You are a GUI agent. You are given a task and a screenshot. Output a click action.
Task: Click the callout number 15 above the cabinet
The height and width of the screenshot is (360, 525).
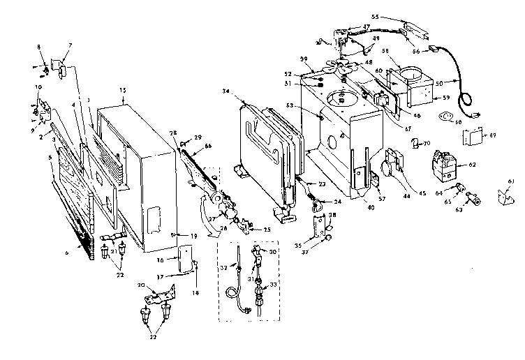tap(123, 91)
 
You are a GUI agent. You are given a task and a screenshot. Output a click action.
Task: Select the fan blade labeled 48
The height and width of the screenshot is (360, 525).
tap(343, 69)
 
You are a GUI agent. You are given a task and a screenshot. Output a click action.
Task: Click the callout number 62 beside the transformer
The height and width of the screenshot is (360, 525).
tap(473, 165)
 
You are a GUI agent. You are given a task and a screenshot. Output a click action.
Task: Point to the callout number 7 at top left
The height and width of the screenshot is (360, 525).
tap(69, 45)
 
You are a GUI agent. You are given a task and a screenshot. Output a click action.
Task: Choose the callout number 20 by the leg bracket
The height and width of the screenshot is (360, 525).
tap(142, 286)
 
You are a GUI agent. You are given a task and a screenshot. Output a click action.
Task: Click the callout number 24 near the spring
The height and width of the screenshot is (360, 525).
tap(337, 201)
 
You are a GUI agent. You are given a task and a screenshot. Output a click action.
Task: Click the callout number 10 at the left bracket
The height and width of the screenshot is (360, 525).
tap(38, 86)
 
